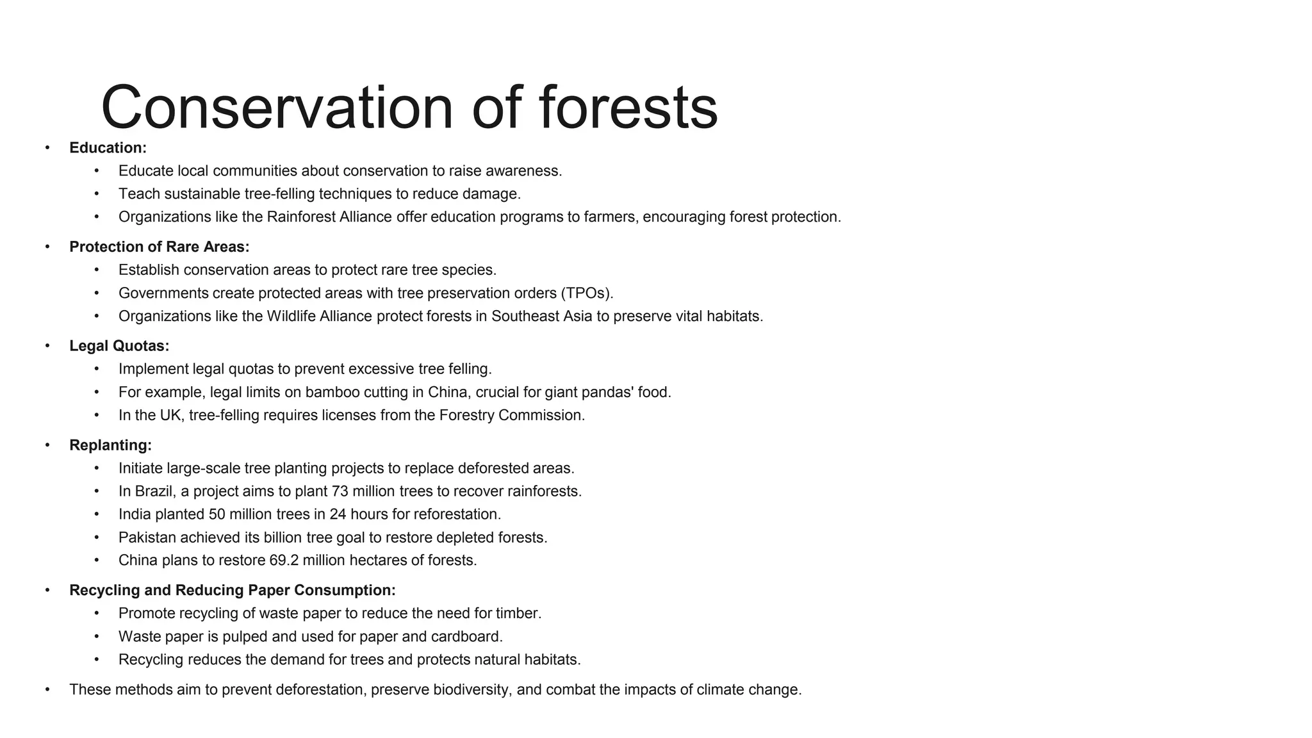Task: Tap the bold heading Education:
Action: tap(108, 148)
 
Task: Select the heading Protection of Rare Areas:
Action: tap(159, 247)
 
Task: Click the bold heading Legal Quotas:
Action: tap(119, 346)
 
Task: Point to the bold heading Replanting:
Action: tap(110, 445)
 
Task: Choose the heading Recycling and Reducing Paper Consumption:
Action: tap(232, 591)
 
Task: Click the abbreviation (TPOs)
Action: tap(587, 293)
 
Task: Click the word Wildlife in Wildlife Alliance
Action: tap(293, 316)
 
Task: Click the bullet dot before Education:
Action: tap(47, 148)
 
